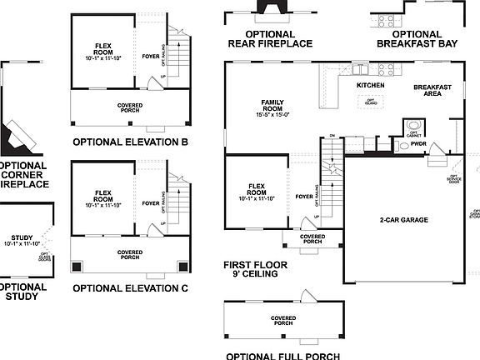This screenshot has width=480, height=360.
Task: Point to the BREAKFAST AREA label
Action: pyautogui.click(x=432, y=90)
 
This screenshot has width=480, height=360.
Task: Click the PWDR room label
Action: pyautogui.click(x=417, y=143)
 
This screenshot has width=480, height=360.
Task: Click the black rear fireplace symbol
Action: pyautogui.click(x=270, y=7)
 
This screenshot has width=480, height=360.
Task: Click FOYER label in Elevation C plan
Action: pyautogui.click(x=151, y=203)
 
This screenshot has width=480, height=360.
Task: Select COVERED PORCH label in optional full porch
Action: pyautogui.click(x=283, y=321)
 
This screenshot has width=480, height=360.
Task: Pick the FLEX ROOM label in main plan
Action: pyautogui.click(x=257, y=192)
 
